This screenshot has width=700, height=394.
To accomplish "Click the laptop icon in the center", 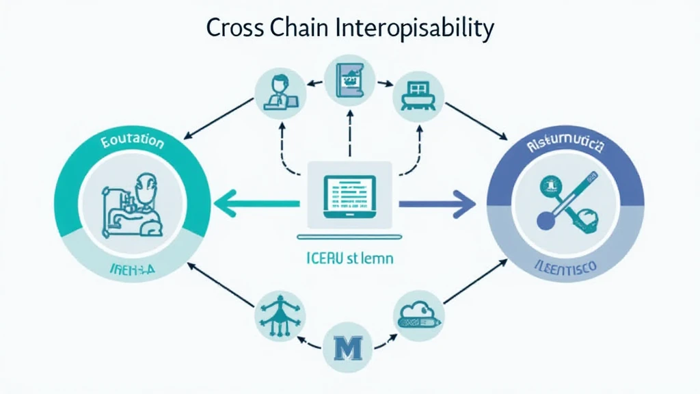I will pyautogui.click(x=349, y=195).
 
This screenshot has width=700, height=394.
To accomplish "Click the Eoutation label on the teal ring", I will pyautogui.click(x=132, y=143).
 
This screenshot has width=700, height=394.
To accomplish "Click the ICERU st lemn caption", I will pyautogui.click(x=350, y=260).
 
